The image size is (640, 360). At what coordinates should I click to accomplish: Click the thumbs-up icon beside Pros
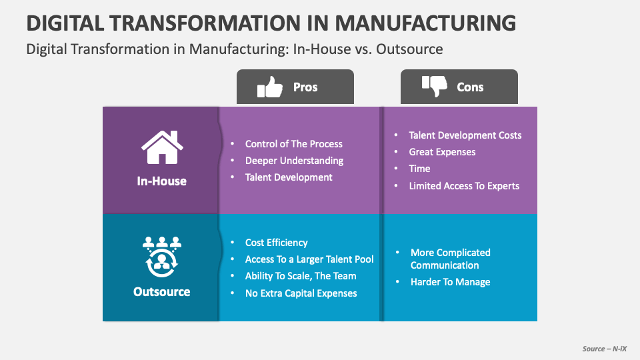pos(270,87)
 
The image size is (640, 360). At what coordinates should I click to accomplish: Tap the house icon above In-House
pos(162,148)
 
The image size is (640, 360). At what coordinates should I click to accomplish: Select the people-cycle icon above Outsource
pos(162,257)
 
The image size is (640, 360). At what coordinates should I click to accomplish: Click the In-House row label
pos(162,181)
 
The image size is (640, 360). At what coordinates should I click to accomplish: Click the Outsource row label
pos(162,291)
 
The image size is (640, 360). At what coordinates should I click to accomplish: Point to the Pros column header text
pos(305,87)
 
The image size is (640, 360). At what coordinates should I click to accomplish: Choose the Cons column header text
pos(470,87)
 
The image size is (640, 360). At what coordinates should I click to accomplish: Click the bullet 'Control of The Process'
pos(293,143)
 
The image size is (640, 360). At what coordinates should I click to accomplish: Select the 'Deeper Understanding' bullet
pos(294,161)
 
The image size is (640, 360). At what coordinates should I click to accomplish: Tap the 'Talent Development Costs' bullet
pos(465,135)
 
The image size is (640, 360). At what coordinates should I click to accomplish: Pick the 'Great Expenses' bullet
pos(442,152)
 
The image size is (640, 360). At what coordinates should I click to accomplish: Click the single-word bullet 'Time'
pos(420,169)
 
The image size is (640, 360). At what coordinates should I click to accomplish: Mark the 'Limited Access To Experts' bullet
pos(464,186)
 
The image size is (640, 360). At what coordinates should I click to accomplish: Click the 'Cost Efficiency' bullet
pos(277,243)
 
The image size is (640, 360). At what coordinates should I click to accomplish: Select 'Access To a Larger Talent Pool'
pos(309,259)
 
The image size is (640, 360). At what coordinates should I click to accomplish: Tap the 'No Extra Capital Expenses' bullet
pos(301,293)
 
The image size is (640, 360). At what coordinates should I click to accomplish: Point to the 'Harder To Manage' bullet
pos(450,282)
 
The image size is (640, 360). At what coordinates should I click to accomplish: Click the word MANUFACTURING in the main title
pos(425,23)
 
